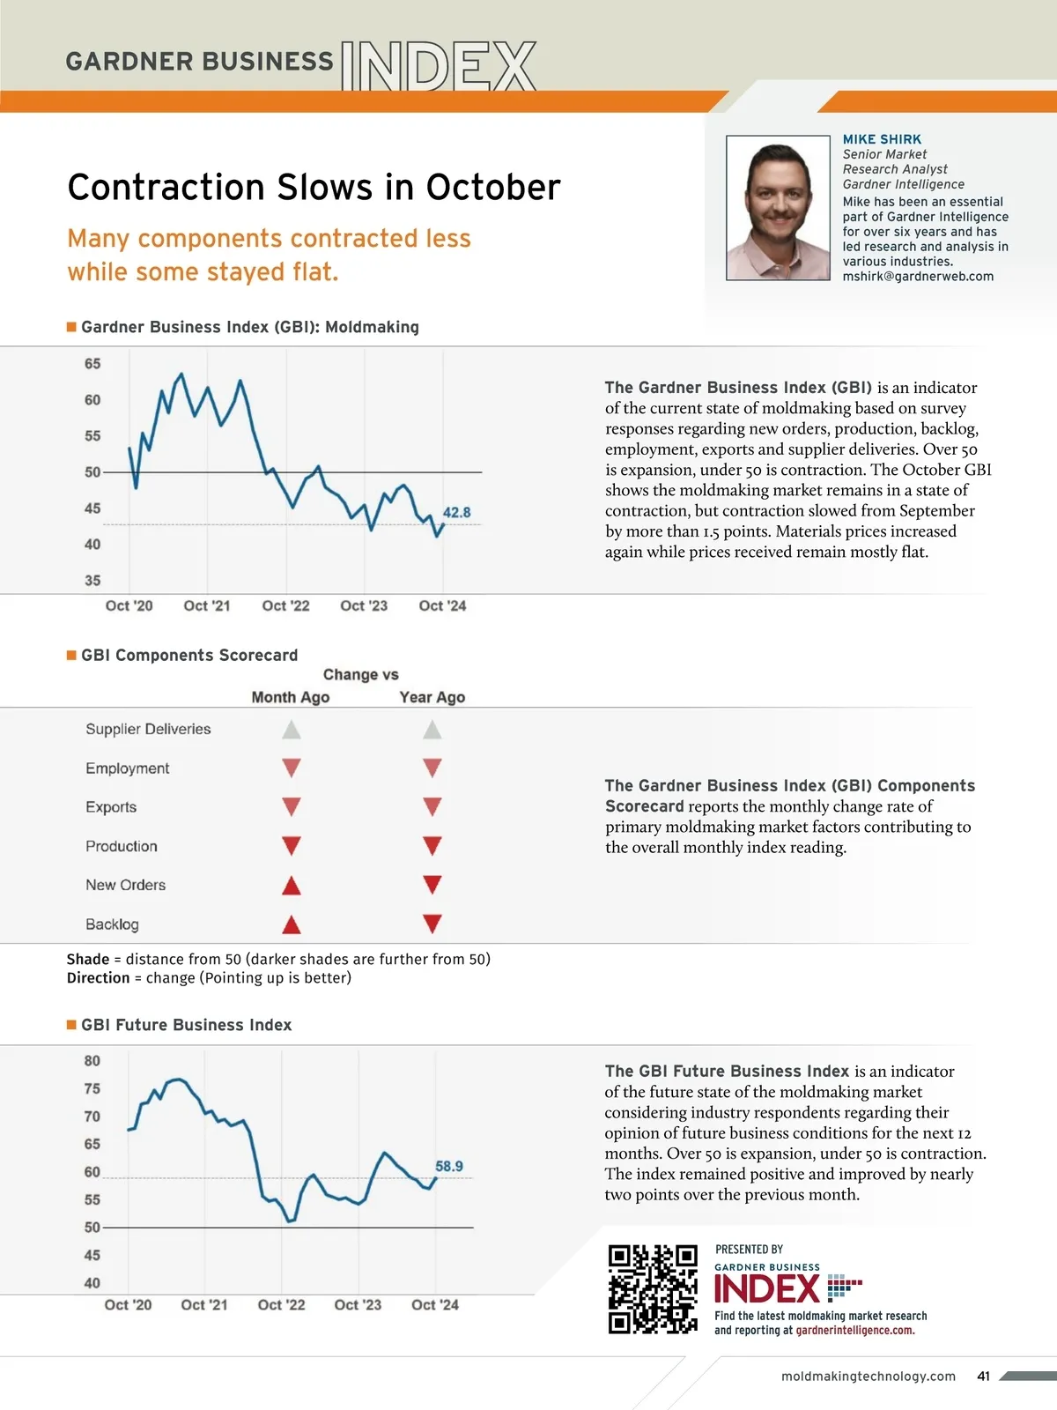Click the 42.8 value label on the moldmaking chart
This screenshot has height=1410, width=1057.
coord(456,512)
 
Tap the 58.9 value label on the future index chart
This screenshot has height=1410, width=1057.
coord(449,1166)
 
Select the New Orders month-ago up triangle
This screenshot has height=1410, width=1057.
coord(292,886)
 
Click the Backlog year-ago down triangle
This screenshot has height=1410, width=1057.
coord(432,924)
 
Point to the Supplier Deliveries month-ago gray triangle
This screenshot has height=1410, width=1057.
coord(292,730)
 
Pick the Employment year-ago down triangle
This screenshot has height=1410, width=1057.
coord(432,768)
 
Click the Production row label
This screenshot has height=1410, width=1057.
coord(122,846)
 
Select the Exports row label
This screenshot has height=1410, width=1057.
coord(111,807)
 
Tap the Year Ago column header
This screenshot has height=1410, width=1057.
coord(432,697)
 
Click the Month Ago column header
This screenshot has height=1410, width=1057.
coord(291,697)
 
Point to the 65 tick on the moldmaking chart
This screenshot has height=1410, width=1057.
coord(92,364)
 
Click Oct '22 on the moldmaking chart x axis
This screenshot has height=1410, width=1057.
coord(285,605)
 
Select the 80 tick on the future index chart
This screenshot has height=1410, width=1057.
coord(92,1061)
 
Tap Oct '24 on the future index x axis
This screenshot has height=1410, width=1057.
coord(435,1304)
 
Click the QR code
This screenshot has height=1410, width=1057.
coord(653,1288)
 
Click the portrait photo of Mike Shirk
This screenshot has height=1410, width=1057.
coord(778,208)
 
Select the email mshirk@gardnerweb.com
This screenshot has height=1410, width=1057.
coord(918,276)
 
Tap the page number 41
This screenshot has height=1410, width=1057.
coord(984,1376)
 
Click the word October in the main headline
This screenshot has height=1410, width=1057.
coord(493,187)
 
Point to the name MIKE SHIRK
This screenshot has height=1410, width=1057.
coord(882,139)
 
